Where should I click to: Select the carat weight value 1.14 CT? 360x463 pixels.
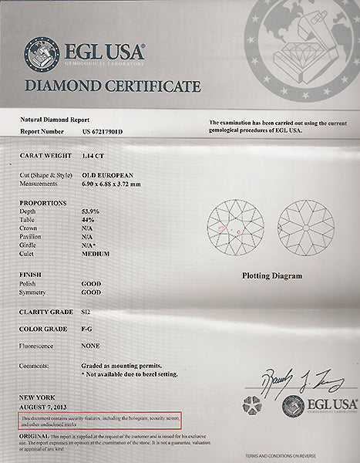click(x=95, y=155)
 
